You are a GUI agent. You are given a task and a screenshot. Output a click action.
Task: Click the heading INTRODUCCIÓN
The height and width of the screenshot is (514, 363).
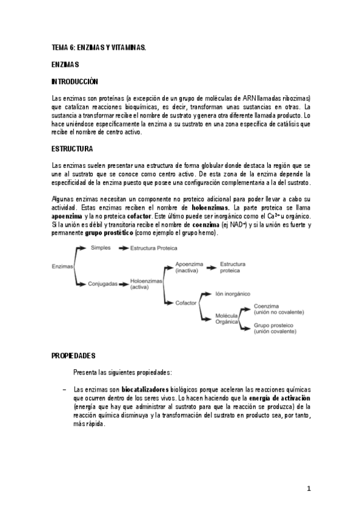(x=75, y=81)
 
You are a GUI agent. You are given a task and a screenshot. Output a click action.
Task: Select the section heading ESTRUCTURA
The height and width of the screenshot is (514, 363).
(x=72, y=149)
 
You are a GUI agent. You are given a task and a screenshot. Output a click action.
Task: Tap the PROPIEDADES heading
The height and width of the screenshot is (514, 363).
(x=73, y=355)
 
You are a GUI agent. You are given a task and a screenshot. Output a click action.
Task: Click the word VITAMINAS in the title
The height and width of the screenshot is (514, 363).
(x=126, y=47)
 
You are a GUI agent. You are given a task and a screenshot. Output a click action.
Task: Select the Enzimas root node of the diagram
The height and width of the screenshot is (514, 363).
(x=62, y=265)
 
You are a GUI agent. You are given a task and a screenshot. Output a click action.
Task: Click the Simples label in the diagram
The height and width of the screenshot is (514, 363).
(x=101, y=248)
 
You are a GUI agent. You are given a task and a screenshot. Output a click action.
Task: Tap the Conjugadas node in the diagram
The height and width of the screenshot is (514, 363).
(x=103, y=283)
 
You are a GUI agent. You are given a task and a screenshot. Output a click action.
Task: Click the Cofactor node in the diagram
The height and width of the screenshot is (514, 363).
(x=187, y=301)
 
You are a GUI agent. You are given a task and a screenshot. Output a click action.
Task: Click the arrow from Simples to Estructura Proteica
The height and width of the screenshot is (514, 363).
(x=123, y=248)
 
